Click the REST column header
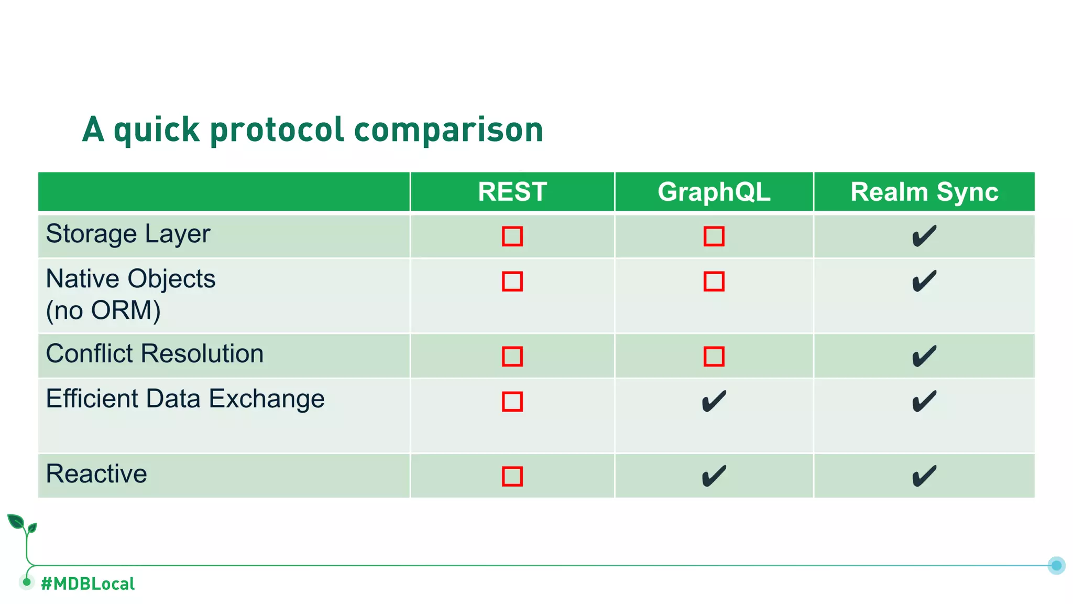(512, 192)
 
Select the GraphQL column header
(714, 192)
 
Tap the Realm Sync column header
(924, 192)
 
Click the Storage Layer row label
(128, 234)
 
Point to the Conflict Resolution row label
(155, 354)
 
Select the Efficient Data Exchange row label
(185, 399)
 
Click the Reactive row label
(96, 474)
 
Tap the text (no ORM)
(103, 310)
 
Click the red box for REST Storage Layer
(512, 236)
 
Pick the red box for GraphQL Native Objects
(714, 282)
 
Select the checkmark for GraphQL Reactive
(714, 476)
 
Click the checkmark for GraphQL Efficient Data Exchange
(714, 402)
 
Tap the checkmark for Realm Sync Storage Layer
(924, 236)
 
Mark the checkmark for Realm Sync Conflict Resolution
(924, 357)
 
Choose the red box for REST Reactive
(512, 476)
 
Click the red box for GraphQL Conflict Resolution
(714, 357)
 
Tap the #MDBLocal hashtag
(87, 584)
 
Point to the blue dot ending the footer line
(1056, 565)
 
